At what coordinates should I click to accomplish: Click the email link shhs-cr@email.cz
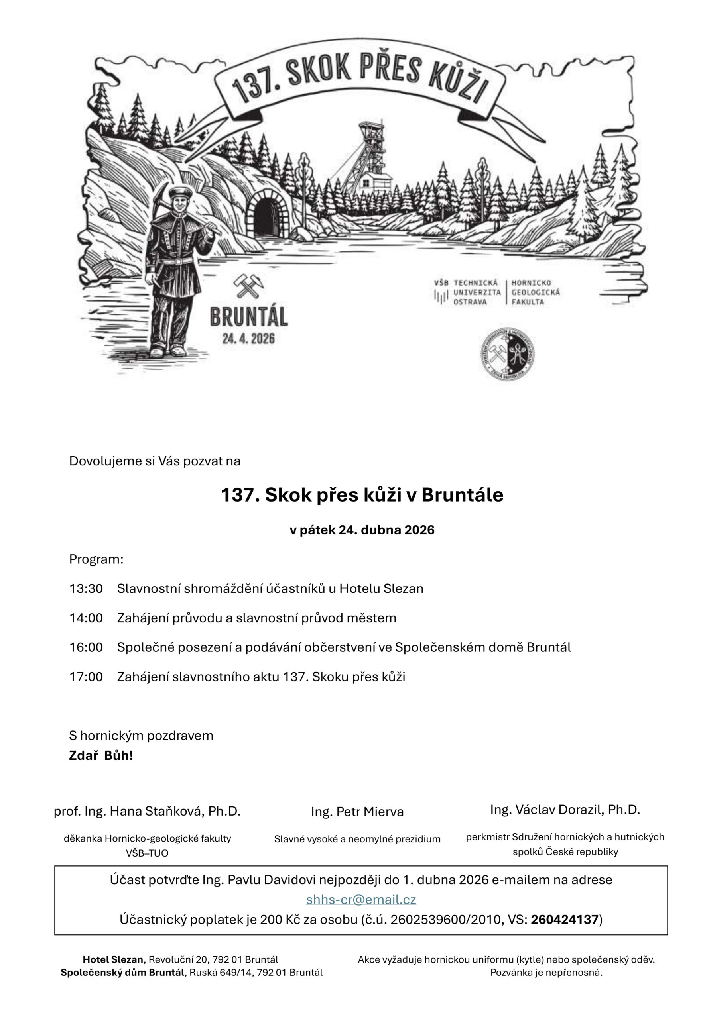(361, 899)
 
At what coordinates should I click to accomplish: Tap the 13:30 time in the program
(86, 588)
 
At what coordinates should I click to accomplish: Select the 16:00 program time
(86, 647)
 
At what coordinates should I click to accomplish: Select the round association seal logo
(507, 353)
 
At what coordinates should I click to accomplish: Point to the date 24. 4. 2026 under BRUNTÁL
(248, 338)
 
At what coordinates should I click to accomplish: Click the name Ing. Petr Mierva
(357, 812)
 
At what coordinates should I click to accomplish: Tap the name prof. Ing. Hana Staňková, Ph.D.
(147, 811)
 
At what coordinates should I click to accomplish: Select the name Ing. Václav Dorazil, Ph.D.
(565, 809)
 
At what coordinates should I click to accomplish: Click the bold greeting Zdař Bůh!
(101, 755)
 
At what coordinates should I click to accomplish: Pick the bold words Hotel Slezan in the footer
(113, 959)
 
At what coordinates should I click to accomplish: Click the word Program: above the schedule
(96, 559)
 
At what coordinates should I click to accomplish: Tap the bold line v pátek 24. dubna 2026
(362, 530)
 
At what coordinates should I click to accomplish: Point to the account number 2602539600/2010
(446, 919)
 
